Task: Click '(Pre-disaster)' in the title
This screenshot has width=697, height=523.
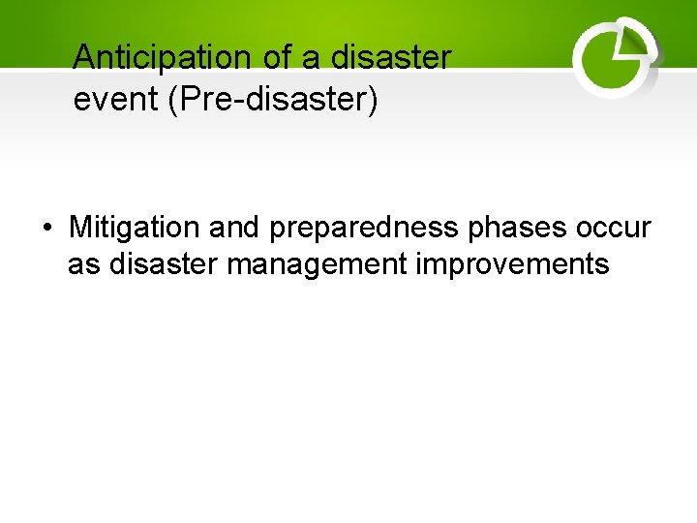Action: tap(273, 99)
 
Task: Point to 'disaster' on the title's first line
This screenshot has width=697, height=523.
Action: tap(391, 58)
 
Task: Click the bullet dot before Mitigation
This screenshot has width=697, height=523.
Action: tap(46, 230)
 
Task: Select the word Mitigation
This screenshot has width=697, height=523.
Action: tap(131, 229)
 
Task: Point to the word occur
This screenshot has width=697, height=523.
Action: tap(614, 230)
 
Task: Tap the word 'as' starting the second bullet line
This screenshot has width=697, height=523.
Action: tap(84, 264)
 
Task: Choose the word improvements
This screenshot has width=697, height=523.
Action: tap(513, 264)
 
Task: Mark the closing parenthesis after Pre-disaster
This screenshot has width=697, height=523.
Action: tap(373, 99)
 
